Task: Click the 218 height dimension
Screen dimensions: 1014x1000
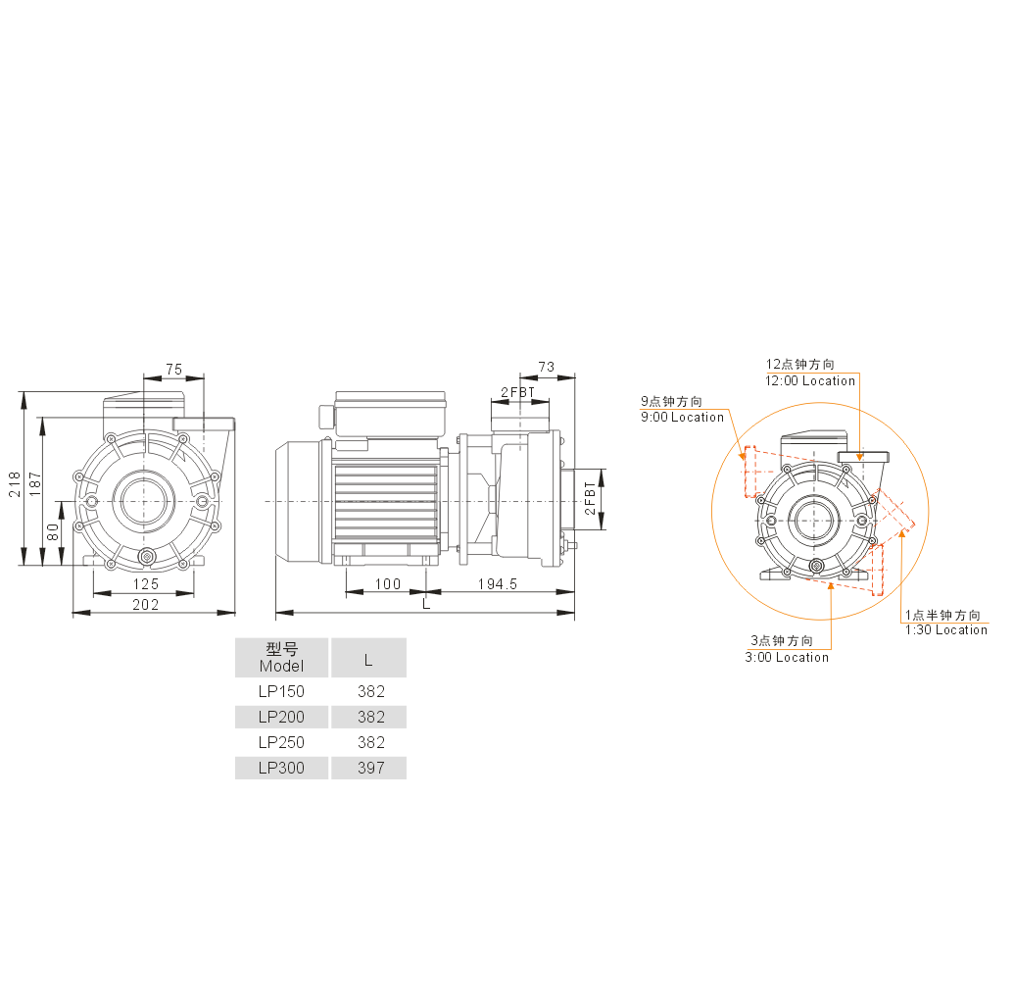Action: pos(15,484)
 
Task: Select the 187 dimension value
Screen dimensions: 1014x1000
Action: pos(35,484)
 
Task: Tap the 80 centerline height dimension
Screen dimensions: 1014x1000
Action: pos(52,532)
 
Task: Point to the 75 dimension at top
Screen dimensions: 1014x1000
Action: pos(174,369)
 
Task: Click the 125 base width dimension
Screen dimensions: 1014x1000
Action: pos(146,584)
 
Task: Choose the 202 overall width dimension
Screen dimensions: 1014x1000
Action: pos(146,605)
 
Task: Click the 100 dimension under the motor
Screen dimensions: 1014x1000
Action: pos(388,583)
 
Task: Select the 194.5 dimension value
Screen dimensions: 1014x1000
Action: pos(498,583)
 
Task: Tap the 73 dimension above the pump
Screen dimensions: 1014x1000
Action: pos(547,367)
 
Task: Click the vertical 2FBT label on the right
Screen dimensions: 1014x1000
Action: pos(590,498)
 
